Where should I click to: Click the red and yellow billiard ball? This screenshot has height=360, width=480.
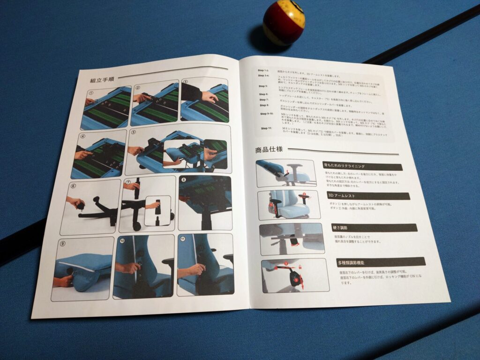point(284,23)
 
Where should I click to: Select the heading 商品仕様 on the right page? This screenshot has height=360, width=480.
point(269,150)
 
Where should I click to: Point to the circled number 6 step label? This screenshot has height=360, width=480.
point(74,186)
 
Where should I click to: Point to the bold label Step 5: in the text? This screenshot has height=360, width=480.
point(263,86)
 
